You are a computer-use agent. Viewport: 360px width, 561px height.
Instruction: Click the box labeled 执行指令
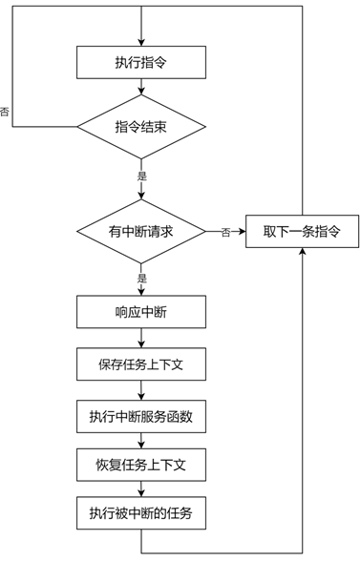click(x=141, y=62)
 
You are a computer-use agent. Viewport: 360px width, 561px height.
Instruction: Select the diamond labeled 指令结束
click(x=141, y=126)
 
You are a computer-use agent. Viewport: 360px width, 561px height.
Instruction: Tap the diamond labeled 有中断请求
click(x=141, y=231)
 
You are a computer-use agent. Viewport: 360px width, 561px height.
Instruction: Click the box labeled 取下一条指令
click(x=302, y=231)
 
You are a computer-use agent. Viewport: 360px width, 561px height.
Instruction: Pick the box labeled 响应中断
click(x=141, y=312)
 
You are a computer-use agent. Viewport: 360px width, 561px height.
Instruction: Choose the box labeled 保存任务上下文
click(x=141, y=364)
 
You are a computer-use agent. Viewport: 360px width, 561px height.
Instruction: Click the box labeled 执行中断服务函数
click(x=141, y=416)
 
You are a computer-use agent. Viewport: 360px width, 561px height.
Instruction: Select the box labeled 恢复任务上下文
click(x=141, y=465)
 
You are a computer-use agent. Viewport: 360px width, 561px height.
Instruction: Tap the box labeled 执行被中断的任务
click(x=141, y=513)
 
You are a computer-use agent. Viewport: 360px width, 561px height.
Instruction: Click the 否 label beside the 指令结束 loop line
click(x=5, y=112)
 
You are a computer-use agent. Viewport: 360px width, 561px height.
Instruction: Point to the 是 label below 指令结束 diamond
click(x=142, y=176)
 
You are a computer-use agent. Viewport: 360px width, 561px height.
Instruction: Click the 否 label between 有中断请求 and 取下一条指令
click(x=225, y=233)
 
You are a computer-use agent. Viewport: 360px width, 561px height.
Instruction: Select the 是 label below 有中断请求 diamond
click(x=142, y=278)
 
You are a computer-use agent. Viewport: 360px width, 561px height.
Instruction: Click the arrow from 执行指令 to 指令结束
click(x=141, y=87)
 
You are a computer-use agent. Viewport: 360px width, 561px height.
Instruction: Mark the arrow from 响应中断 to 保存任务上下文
click(x=141, y=338)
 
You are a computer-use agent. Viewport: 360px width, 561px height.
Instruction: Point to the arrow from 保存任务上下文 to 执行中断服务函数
click(x=141, y=390)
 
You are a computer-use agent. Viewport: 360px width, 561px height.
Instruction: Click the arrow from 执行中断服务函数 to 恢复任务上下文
click(x=141, y=441)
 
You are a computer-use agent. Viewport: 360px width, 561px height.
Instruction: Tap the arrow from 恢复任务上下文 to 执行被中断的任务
click(x=141, y=489)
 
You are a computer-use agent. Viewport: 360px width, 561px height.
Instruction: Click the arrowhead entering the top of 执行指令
click(x=141, y=43)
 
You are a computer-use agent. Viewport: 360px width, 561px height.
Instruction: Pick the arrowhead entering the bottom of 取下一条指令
click(x=303, y=251)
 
